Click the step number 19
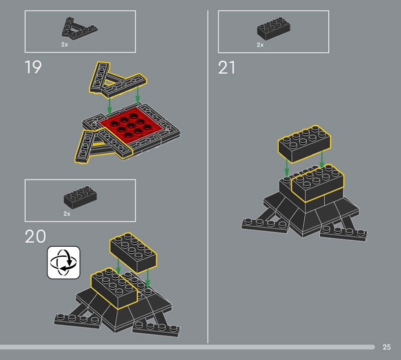(x=33, y=67)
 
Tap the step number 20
(x=35, y=236)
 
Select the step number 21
(x=227, y=68)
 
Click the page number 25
(x=386, y=347)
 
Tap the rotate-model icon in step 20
(x=64, y=263)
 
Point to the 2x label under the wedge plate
(x=65, y=45)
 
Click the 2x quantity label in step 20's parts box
(x=67, y=214)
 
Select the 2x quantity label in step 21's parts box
(x=260, y=45)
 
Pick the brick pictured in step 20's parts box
(x=80, y=197)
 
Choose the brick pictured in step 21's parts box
(x=273, y=29)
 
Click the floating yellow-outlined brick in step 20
(x=133, y=253)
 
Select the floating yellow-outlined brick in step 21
(x=304, y=144)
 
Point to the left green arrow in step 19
(x=109, y=107)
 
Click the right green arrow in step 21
(x=322, y=159)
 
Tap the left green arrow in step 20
(x=118, y=266)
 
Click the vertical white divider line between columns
(x=208, y=176)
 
